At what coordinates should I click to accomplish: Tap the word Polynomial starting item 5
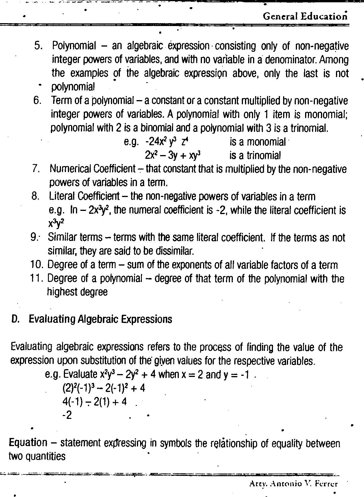[74, 46]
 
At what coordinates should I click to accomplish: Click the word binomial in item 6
[159, 128]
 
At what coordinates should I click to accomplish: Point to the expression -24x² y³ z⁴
[167, 142]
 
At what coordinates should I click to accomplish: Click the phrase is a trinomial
[255, 156]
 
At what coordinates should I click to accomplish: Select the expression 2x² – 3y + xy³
[173, 156]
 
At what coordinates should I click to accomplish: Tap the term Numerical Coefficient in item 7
[93, 169]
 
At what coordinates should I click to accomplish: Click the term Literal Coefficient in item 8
[84, 196]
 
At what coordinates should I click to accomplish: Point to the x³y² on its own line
[56, 223]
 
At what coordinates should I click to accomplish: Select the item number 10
[37, 265]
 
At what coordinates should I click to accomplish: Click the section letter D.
[15, 319]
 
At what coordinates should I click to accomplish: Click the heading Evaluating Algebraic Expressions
[100, 319]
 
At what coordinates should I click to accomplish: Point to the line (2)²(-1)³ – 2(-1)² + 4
[103, 388]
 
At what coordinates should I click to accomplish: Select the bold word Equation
[28, 443]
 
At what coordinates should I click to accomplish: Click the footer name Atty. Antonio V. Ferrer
[293, 484]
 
